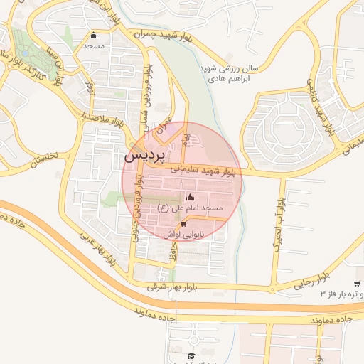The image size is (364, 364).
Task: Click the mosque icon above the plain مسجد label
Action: [x=93, y=36]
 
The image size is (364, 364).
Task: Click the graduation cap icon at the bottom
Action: [x=191, y=355]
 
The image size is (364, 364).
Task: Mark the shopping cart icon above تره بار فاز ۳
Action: [x=356, y=283]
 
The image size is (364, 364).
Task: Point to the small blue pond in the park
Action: [x=26, y=53]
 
